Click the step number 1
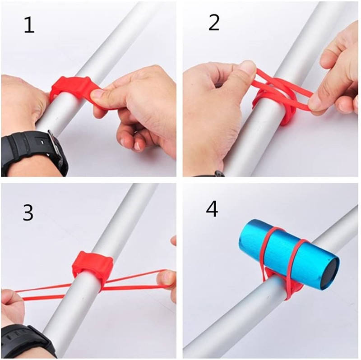(x=29, y=25)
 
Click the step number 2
(x=214, y=23)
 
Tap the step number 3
(x=28, y=213)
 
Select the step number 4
(x=212, y=209)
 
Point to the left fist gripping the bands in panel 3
(x=12, y=306)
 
